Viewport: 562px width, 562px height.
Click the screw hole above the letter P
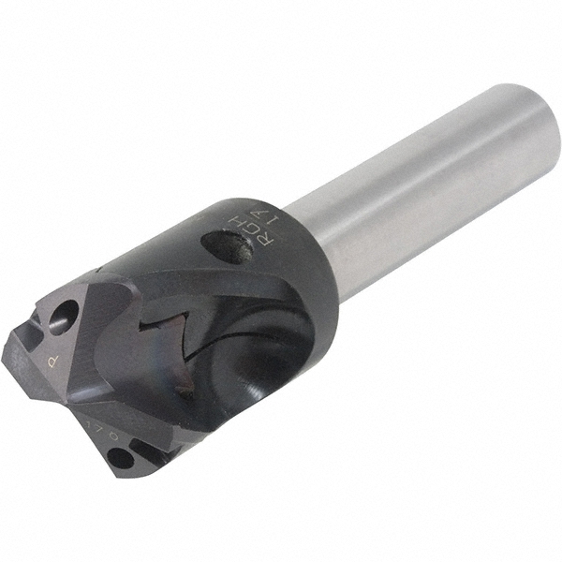(64, 316)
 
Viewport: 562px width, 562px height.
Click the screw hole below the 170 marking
(121, 459)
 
